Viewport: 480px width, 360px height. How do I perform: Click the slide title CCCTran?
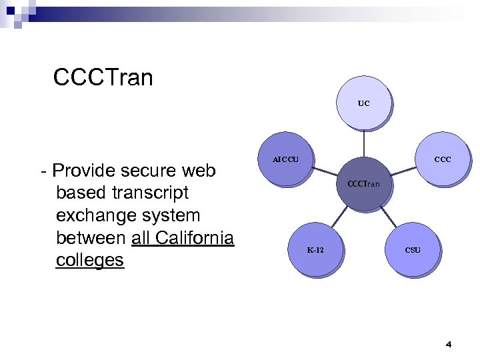(x=103, y=78)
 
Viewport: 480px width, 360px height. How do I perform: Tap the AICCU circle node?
(x=286, y=160)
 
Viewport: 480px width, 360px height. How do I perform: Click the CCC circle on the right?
(x=442, y=160)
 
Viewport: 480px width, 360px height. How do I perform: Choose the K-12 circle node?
(x=315, y=251)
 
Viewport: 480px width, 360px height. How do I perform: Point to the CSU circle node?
(x=413, y=251)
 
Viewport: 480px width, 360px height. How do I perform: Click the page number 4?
(x=448, y=345)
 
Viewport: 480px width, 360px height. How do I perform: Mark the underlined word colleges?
(x=90, y=260)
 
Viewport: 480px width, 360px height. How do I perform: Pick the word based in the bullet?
(x=79, y=193)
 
